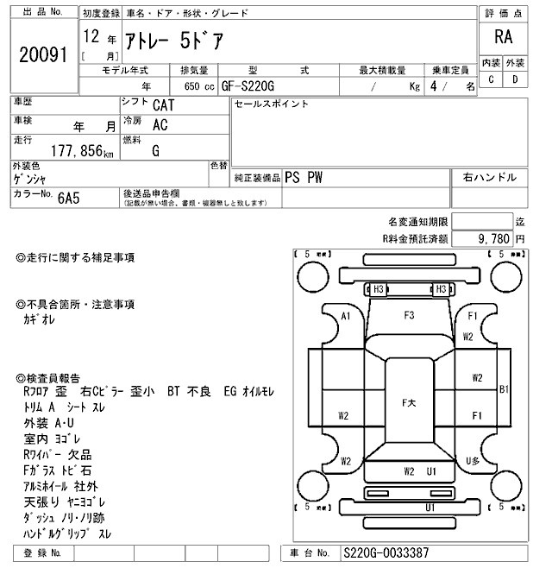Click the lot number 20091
pyautogui.click(x=43, y=55)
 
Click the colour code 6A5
pyautogui.click(x=70, y=198)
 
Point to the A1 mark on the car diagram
pyautogui.click(x=346, y=316)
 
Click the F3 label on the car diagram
pyautogui.click(x=409, y=314)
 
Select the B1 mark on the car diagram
pyautogui.click(x=505, y=390)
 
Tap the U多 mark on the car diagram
pyautogui.click(x=472, y=460)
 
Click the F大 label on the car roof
pyautogui.click(x=409, y=402)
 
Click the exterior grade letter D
pyautogui.click(x=515, y=79)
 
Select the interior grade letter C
pyautogui.click(x=491, y=79)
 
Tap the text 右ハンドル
pyautogui.click(x=489, y=177)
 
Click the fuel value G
pyautogui.click(x=155, y=150)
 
